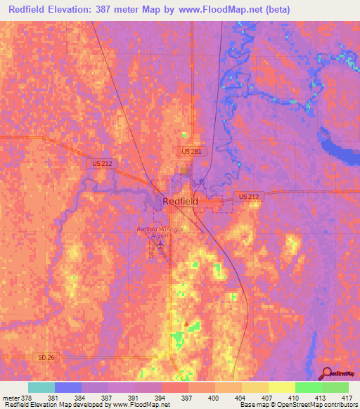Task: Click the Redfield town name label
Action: point(180,201)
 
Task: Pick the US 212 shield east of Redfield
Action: point(248,196)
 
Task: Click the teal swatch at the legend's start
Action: point(41,387)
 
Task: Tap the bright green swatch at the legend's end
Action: point(335,387)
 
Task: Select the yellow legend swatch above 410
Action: point(281,387)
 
